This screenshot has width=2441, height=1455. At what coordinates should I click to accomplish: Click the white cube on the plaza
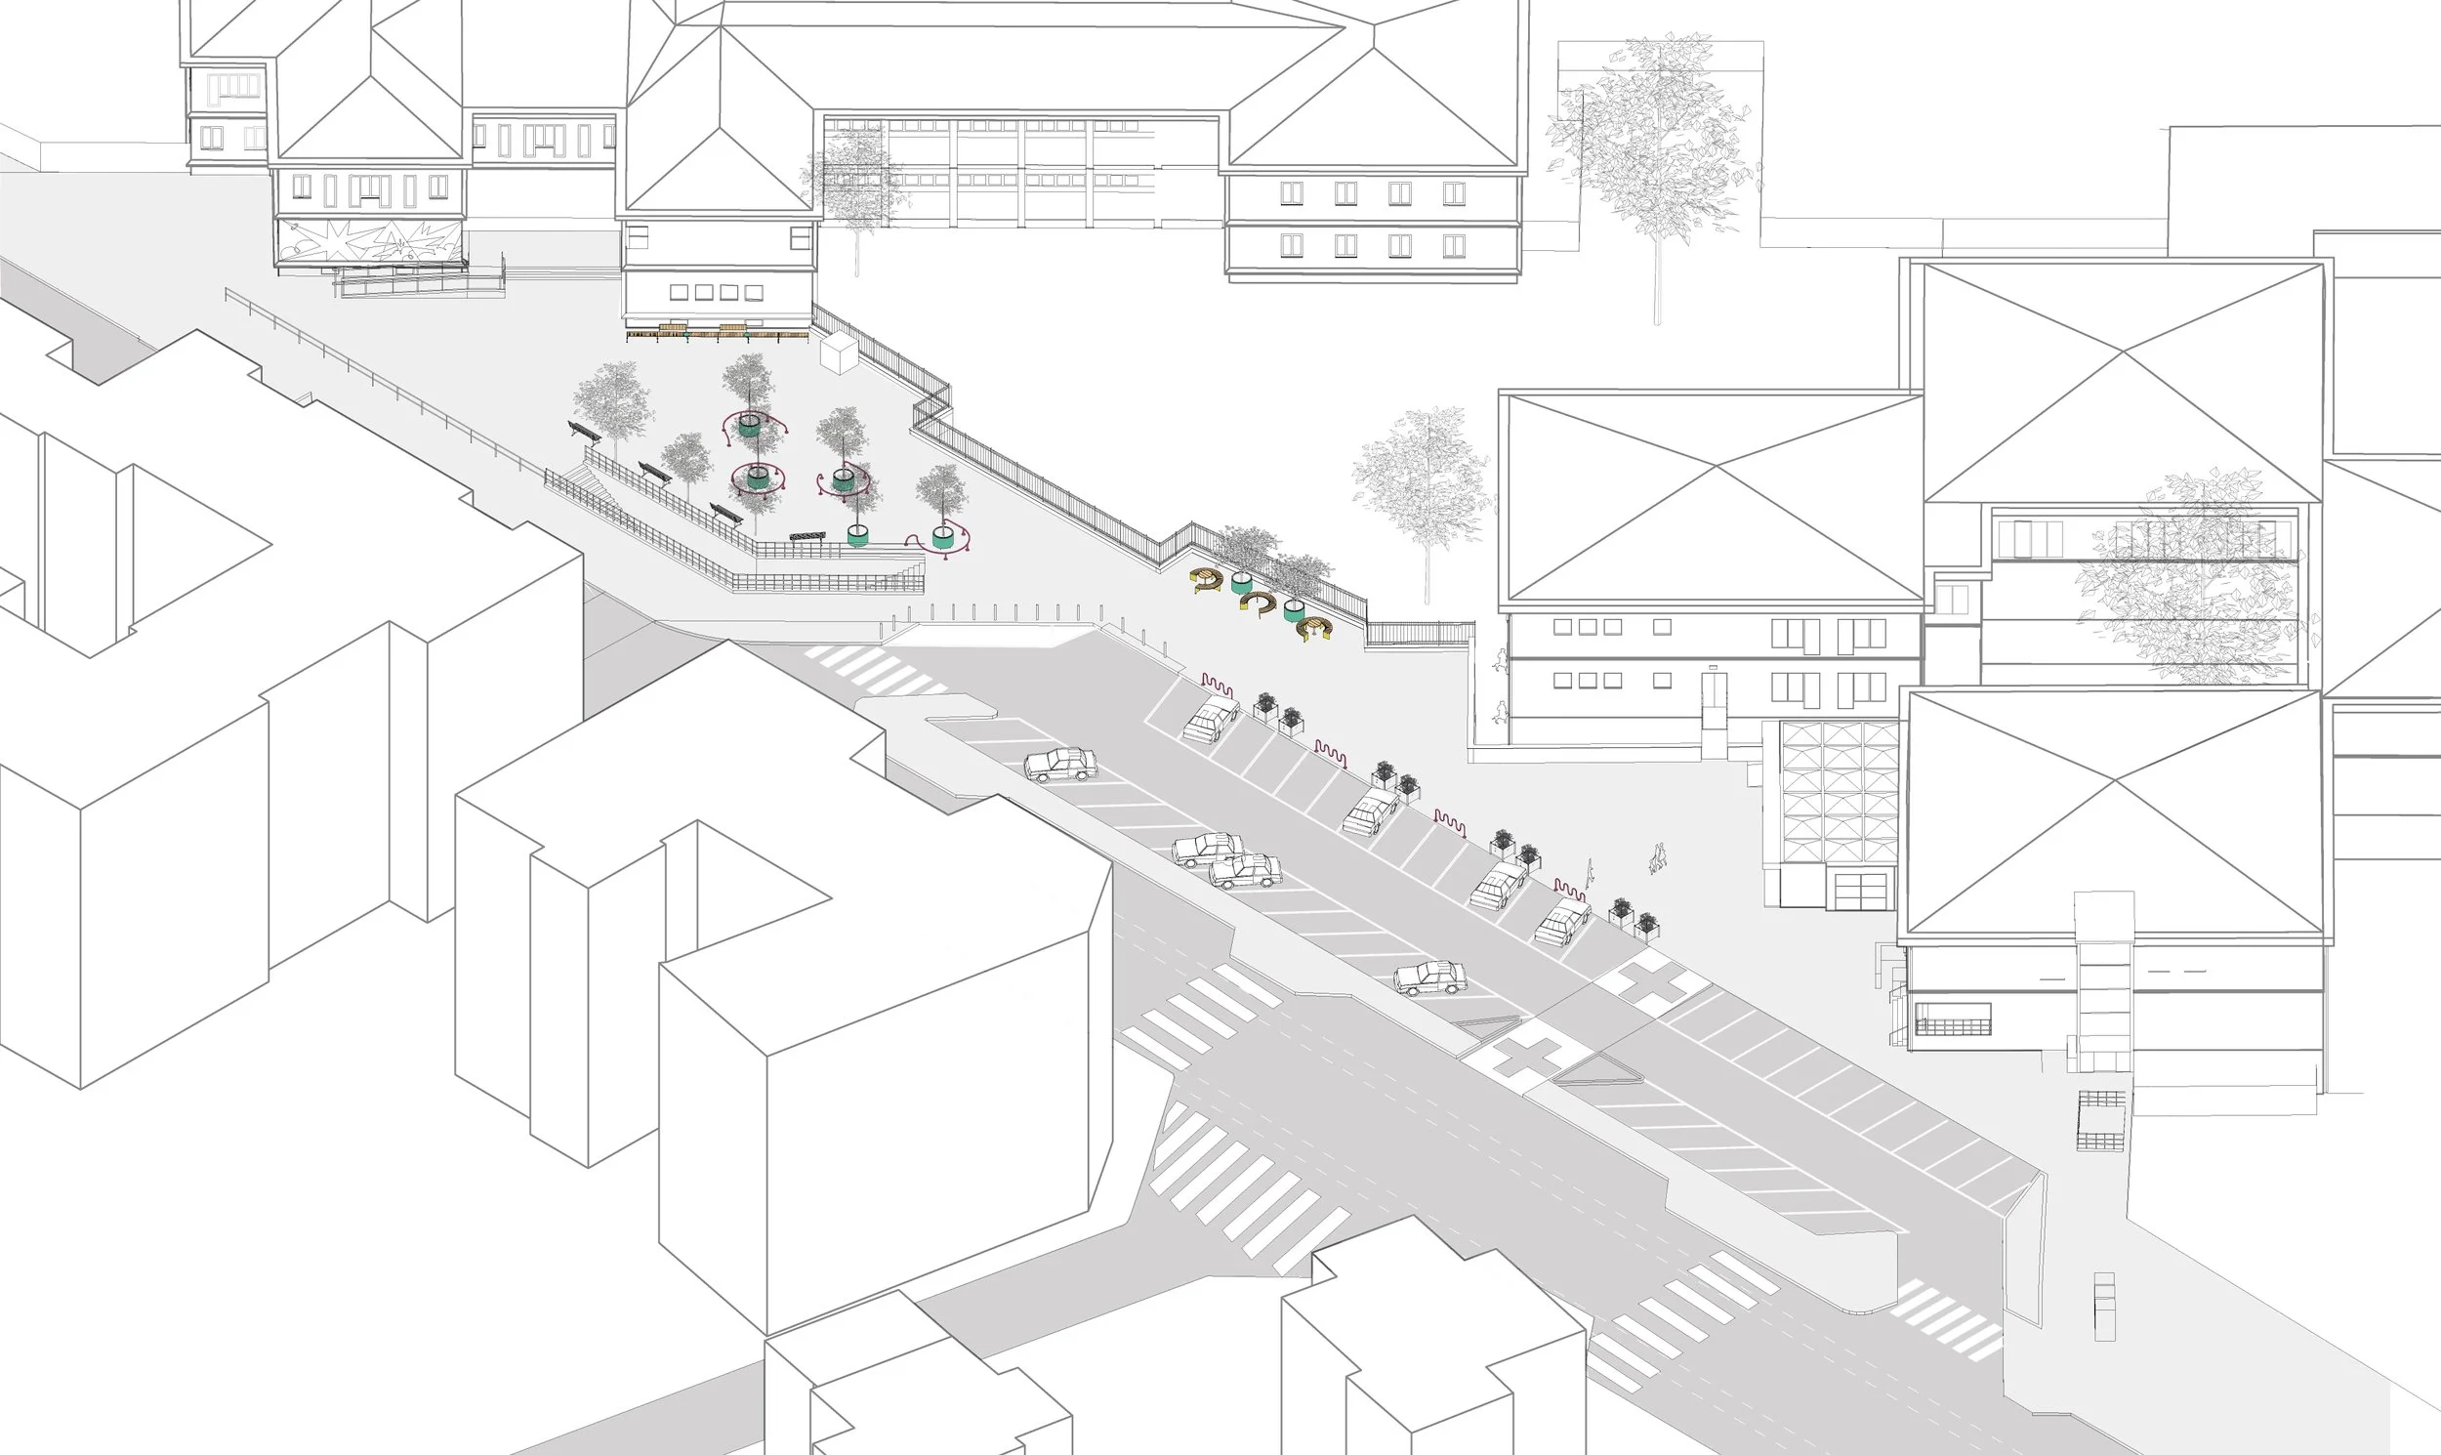(x=840, y=353)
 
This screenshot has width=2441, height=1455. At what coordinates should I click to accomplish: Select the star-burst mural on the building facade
(x=371, y=241)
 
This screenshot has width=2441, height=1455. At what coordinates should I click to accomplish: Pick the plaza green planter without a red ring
(x=858, y=535)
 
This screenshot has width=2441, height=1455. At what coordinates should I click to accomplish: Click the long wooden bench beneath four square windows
(x=717, y=333)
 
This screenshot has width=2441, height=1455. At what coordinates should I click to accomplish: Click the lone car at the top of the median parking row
(x=1059, y=764)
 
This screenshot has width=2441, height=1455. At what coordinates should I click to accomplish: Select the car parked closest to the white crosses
(x=1430, y=977)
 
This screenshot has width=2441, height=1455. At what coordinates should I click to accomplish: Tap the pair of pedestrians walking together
(x=1657, y=858)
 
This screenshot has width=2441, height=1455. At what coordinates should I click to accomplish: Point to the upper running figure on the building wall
(x=1499, y=662)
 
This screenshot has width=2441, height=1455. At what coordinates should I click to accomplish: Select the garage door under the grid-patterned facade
(x=1860, y=891)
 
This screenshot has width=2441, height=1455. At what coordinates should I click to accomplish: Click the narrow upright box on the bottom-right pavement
(x=2104, y=1306)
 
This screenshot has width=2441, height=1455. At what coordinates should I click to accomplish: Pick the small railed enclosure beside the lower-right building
(x=2101, y=1120)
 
